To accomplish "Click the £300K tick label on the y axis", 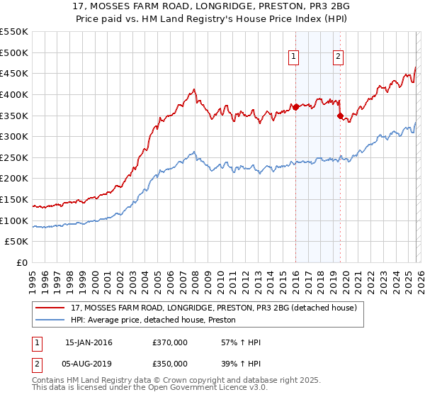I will tap(14, 136).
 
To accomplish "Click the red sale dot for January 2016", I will tap(295, 107).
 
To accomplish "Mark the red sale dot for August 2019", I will tap(340, 116).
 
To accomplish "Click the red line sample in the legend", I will tap(50, 308).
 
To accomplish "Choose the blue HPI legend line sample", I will tap(50, 320).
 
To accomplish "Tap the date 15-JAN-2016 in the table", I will tap(89, 342).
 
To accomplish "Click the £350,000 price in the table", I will tap(170, 364).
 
